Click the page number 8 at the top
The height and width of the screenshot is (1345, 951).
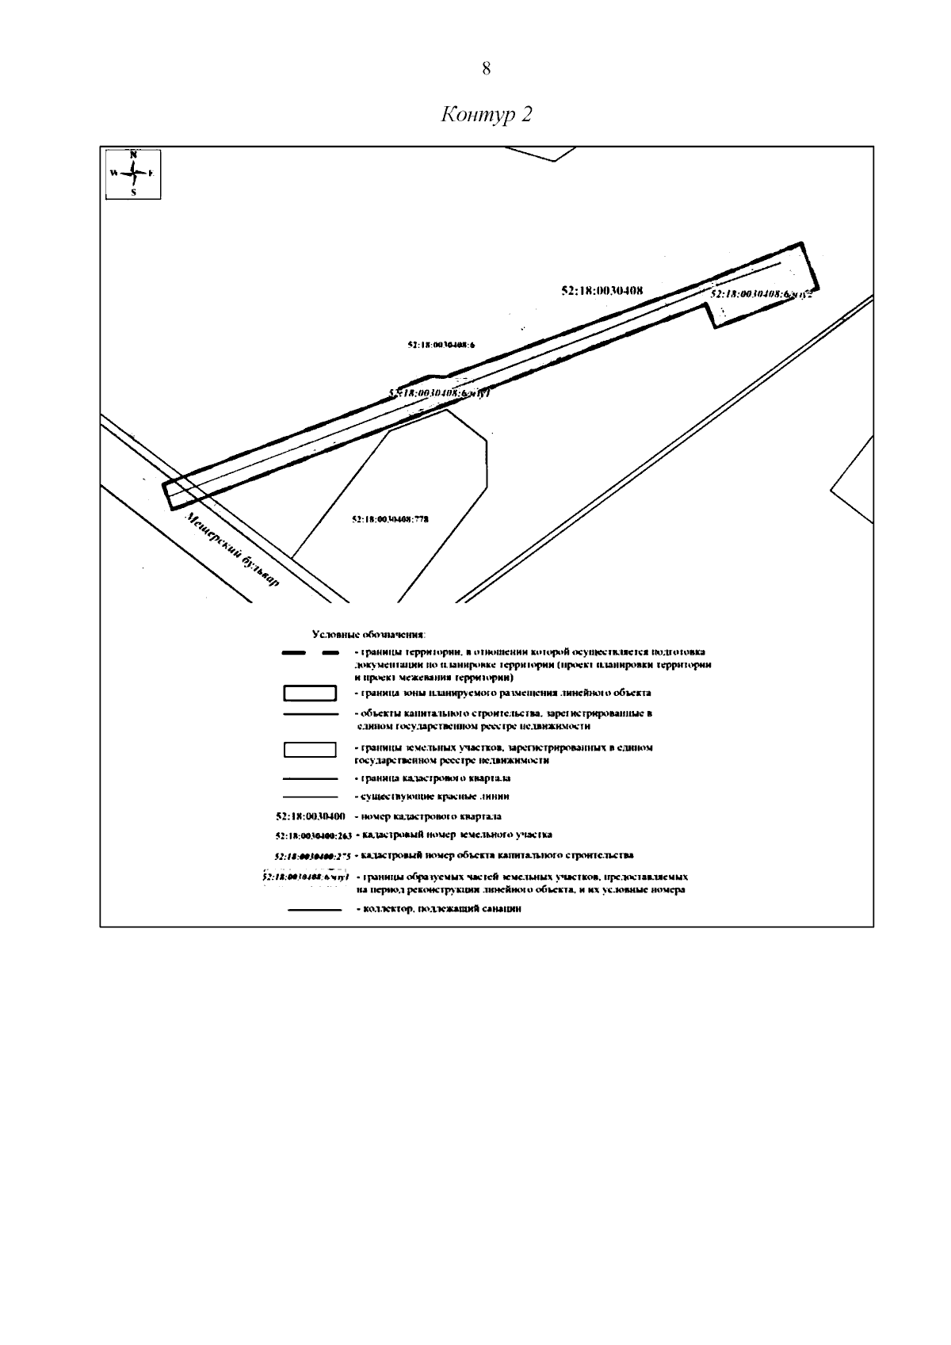click(486, 69)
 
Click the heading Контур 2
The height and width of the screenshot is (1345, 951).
click(486, 115)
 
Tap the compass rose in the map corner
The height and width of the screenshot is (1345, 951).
click(133, 173)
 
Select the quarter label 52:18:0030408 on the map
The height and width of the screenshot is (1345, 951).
click(602, 291)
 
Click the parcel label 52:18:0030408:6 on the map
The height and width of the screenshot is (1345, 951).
click(445, 345)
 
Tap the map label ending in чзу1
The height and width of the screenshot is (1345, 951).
click(441, 393)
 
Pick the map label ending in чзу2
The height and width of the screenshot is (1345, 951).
click(762, 294)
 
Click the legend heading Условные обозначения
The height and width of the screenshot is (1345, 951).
click(369, 635)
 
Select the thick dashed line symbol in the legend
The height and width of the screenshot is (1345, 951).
click(311, 653)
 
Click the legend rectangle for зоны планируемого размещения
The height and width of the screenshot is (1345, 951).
click(311, 694)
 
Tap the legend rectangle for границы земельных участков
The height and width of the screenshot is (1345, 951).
click(311, 749)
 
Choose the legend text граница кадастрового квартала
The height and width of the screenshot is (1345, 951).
click(433, 778)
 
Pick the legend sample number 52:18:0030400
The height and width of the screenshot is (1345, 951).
click(310, 816)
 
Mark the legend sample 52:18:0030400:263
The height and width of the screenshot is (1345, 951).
click(313, 835)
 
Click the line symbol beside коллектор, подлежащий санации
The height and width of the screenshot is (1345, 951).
click(314, 910)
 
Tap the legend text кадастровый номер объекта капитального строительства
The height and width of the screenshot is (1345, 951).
click(495, 855)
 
